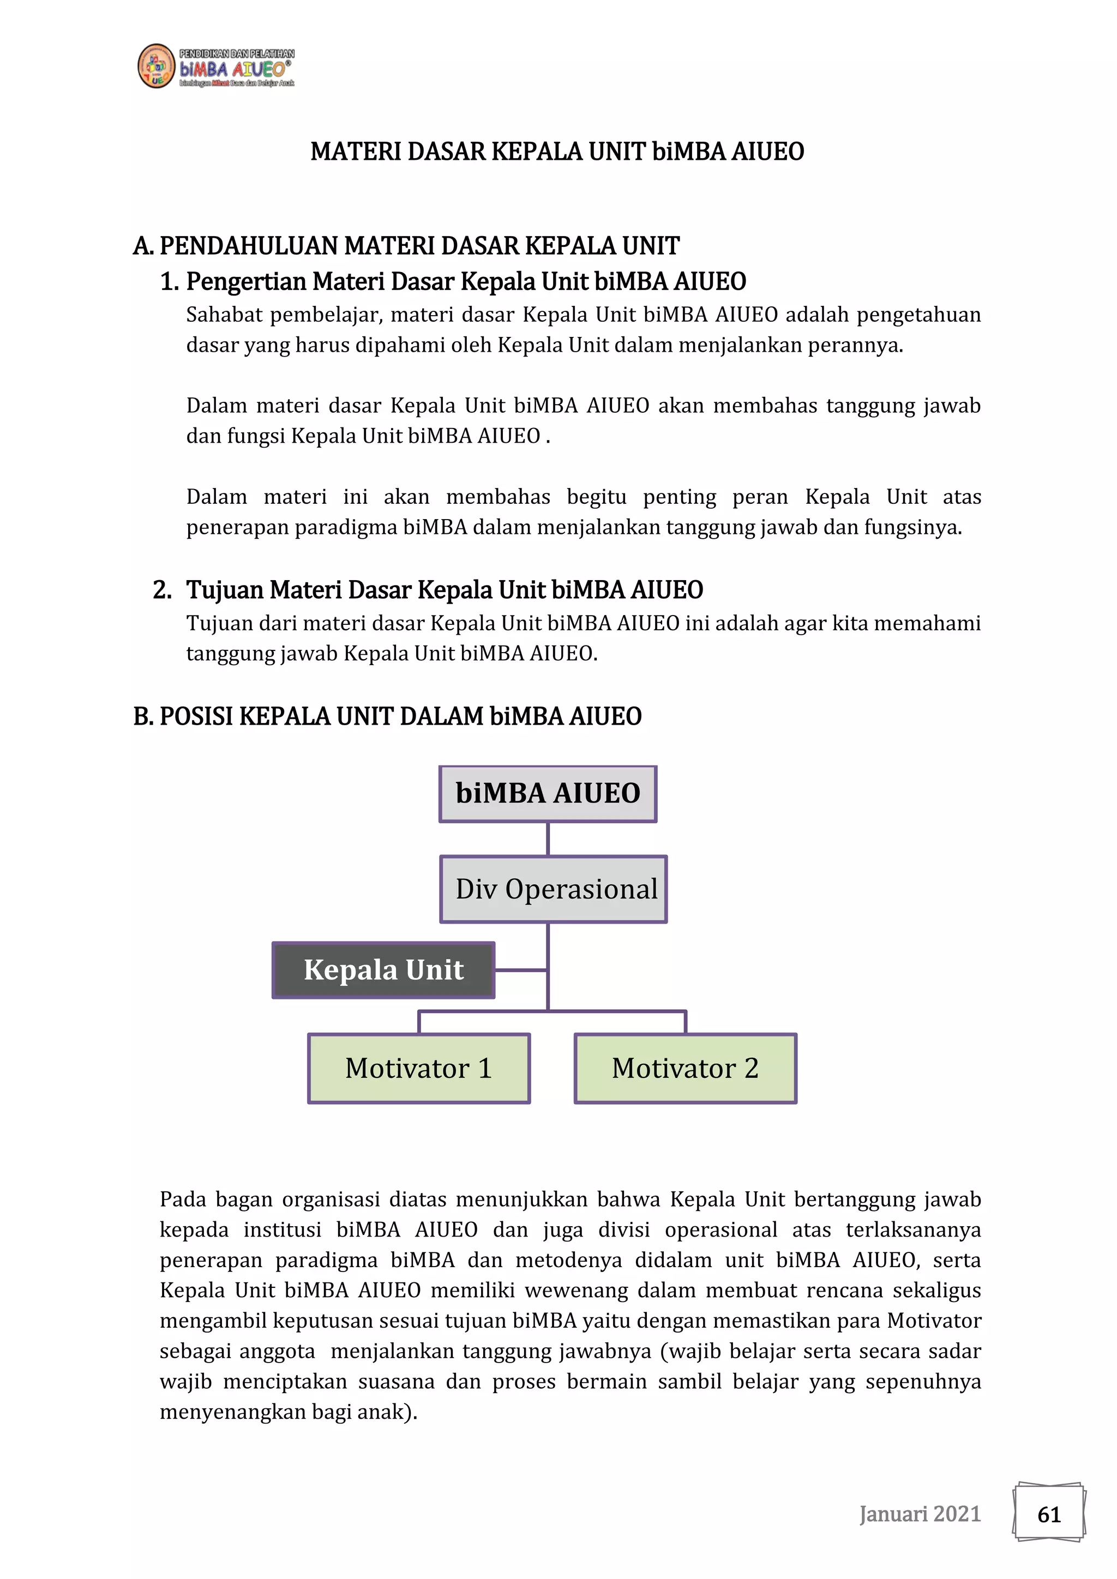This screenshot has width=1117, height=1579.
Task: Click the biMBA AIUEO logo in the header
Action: [x=215, y=67]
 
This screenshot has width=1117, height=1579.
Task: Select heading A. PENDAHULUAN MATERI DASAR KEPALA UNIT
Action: [x=406, y=245]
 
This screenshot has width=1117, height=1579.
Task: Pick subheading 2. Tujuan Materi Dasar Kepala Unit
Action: [x=428, y=589]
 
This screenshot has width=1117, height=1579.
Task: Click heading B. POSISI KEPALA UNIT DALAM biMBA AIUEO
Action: [x=387, y=716]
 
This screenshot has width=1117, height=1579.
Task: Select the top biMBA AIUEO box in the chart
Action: [x=548, y=794]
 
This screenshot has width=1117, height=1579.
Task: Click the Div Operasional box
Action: [x=554, y=889]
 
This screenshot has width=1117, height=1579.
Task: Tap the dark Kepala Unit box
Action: [x=383, y=969]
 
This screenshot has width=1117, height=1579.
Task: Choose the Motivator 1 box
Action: [x=418, y=1068]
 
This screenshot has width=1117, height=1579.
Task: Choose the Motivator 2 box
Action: [x=685, y=1068]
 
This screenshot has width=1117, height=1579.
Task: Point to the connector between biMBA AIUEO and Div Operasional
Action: [x=548, y=839]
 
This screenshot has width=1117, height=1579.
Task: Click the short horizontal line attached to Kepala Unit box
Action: [x=521, y=971]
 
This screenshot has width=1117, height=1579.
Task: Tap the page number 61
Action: [x=1049, y=1514]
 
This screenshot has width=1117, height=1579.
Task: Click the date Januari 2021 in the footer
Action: [x=920, y=1514]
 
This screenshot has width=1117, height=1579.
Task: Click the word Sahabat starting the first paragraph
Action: [x=224, y=315]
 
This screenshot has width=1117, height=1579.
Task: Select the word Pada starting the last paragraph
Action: [x=182, y=1200]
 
